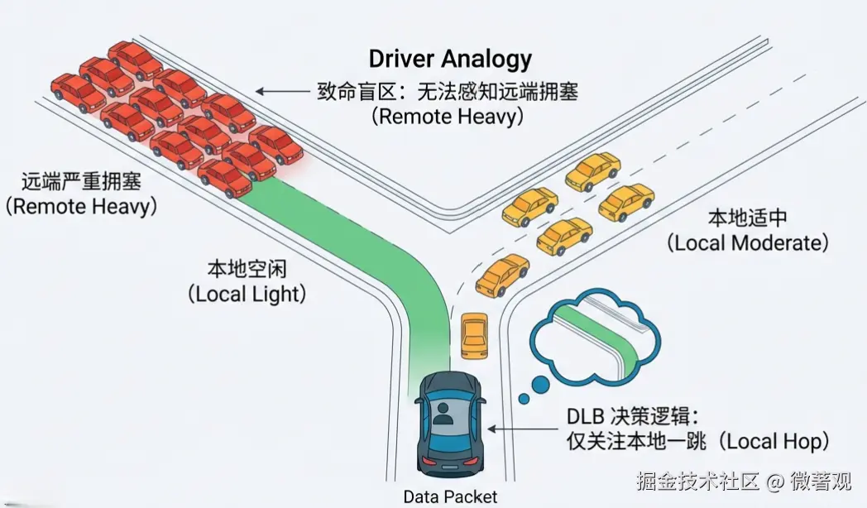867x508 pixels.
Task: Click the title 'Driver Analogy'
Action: point(450,60)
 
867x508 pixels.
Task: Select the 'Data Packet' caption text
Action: point(451,496)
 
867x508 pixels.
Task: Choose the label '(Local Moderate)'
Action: point(747,243)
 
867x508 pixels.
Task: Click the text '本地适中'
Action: point(747,218)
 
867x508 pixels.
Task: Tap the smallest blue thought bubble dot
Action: point(523,400)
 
